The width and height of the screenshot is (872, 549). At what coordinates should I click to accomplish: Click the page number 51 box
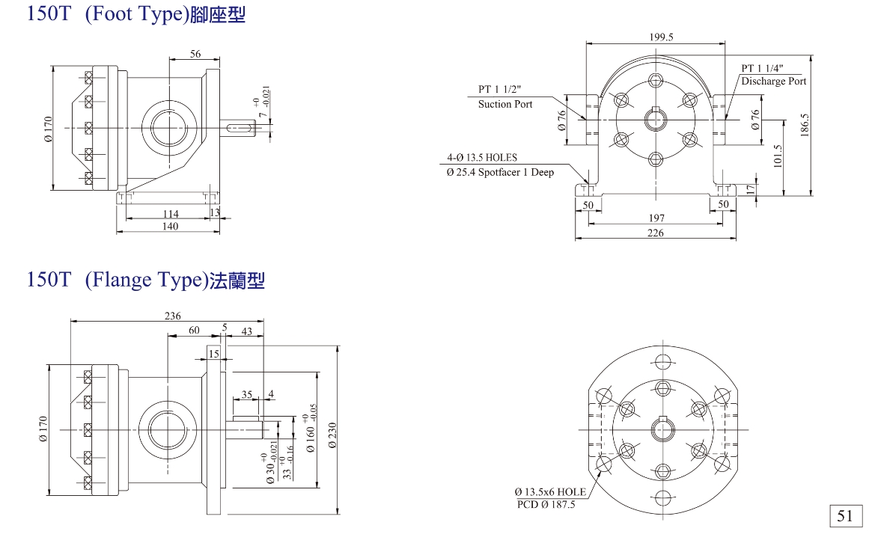[x=844, y=515]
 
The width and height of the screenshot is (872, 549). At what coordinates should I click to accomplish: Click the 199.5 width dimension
[x=661, y=37]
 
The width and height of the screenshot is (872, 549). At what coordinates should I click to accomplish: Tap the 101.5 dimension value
[x=778, y=156]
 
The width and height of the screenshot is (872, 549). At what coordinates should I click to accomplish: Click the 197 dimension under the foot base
[x=656, y=218]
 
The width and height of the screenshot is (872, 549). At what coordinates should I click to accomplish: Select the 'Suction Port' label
[x=505, y=104]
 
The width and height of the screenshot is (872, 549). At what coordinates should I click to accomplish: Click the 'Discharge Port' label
[x=774, y=81]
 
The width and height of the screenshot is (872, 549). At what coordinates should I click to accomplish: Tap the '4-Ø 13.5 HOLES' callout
[x=482, y=158]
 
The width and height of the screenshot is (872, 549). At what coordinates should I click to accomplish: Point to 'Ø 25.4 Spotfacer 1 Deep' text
[x=500, y=173]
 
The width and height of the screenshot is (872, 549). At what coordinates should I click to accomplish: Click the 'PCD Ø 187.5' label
[x=546, y=505]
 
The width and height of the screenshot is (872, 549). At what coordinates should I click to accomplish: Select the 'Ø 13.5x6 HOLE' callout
[x=550, y=491]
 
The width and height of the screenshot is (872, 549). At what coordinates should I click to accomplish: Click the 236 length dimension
[x=172, y=316]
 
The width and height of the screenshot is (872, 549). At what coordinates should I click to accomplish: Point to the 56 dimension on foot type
[x=195, y=54]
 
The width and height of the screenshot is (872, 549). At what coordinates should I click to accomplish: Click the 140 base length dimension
[x=171, y=227]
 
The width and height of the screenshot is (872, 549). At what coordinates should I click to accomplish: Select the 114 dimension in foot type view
[x=171, y=214]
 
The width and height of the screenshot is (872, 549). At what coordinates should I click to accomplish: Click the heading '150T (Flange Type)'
[x=146, y=280]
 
